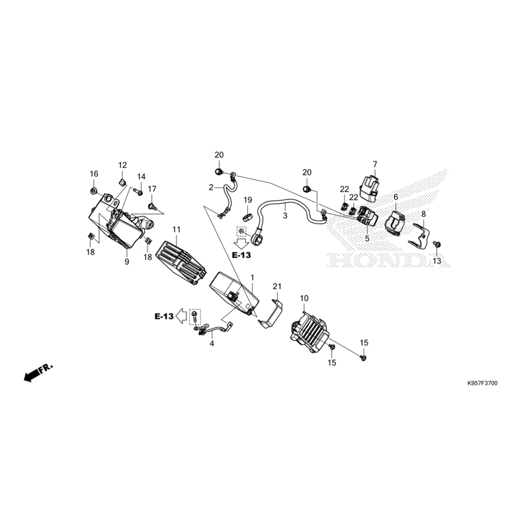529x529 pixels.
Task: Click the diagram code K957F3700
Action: tap(482, 384)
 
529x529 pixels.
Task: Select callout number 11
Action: tap(177, 229)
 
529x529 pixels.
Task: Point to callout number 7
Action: tap(375, 164)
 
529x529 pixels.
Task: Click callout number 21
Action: tap(277, 286)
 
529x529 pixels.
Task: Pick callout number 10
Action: tap(304, 298)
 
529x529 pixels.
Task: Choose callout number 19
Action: tap(247, 200)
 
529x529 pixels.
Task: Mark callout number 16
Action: tap(94, 174)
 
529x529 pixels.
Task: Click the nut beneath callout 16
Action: tap(93, 191)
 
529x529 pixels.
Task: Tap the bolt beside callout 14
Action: tap(139, 192)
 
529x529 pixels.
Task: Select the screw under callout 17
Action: tap(151, 206)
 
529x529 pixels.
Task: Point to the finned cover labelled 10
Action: tap(309, 333)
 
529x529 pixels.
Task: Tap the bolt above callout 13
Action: tap(436, 243)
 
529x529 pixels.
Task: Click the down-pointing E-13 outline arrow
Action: tap(241, 243)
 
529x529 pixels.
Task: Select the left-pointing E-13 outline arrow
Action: tap(181, 316)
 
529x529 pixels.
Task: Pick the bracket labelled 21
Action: tap(271, 313)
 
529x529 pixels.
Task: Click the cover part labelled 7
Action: tap(368, 188)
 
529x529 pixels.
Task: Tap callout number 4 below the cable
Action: tap(212, 344)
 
